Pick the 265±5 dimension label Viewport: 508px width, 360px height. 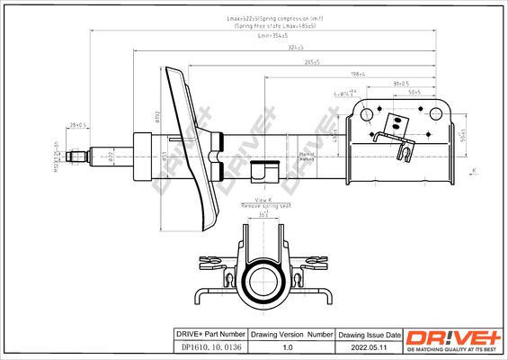point(313,63)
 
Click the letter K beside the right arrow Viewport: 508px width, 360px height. point(474,170)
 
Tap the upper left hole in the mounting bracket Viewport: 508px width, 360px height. point(367,114)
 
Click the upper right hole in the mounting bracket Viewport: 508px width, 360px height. point(437,114)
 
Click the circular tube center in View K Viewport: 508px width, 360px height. point(264,276)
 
